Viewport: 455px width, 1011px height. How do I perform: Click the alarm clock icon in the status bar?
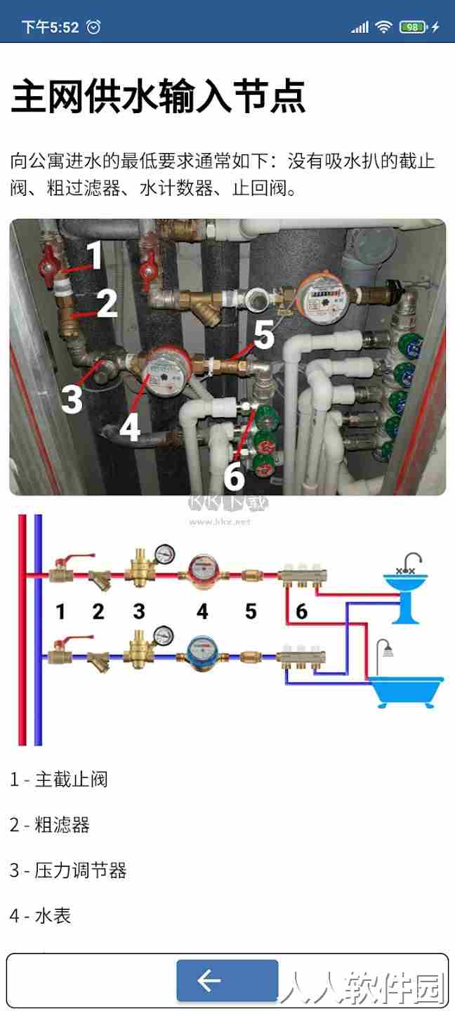coord(94,27)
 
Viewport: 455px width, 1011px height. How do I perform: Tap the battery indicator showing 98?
coord(413,27)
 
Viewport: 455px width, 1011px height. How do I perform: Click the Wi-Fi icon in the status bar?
coord(383,27)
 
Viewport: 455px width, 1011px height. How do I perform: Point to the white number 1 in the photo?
coord(95,255)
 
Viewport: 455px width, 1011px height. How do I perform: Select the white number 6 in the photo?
coord(234,476)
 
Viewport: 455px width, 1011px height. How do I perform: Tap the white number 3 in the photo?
coord(72,398)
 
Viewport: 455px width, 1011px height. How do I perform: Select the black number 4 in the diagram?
coord(202,612)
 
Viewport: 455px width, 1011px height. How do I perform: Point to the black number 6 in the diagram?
coord(301,612)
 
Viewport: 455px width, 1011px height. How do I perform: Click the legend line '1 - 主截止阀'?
coord(59,779)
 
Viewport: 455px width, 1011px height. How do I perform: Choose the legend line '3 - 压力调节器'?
coord(68,870)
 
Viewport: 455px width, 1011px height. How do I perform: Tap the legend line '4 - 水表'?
coord(41,916)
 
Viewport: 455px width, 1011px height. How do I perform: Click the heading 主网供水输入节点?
coord(158,95)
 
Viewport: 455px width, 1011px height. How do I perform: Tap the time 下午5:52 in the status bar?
coord(50,27)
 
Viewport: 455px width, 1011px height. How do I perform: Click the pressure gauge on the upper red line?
coord(164,554)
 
